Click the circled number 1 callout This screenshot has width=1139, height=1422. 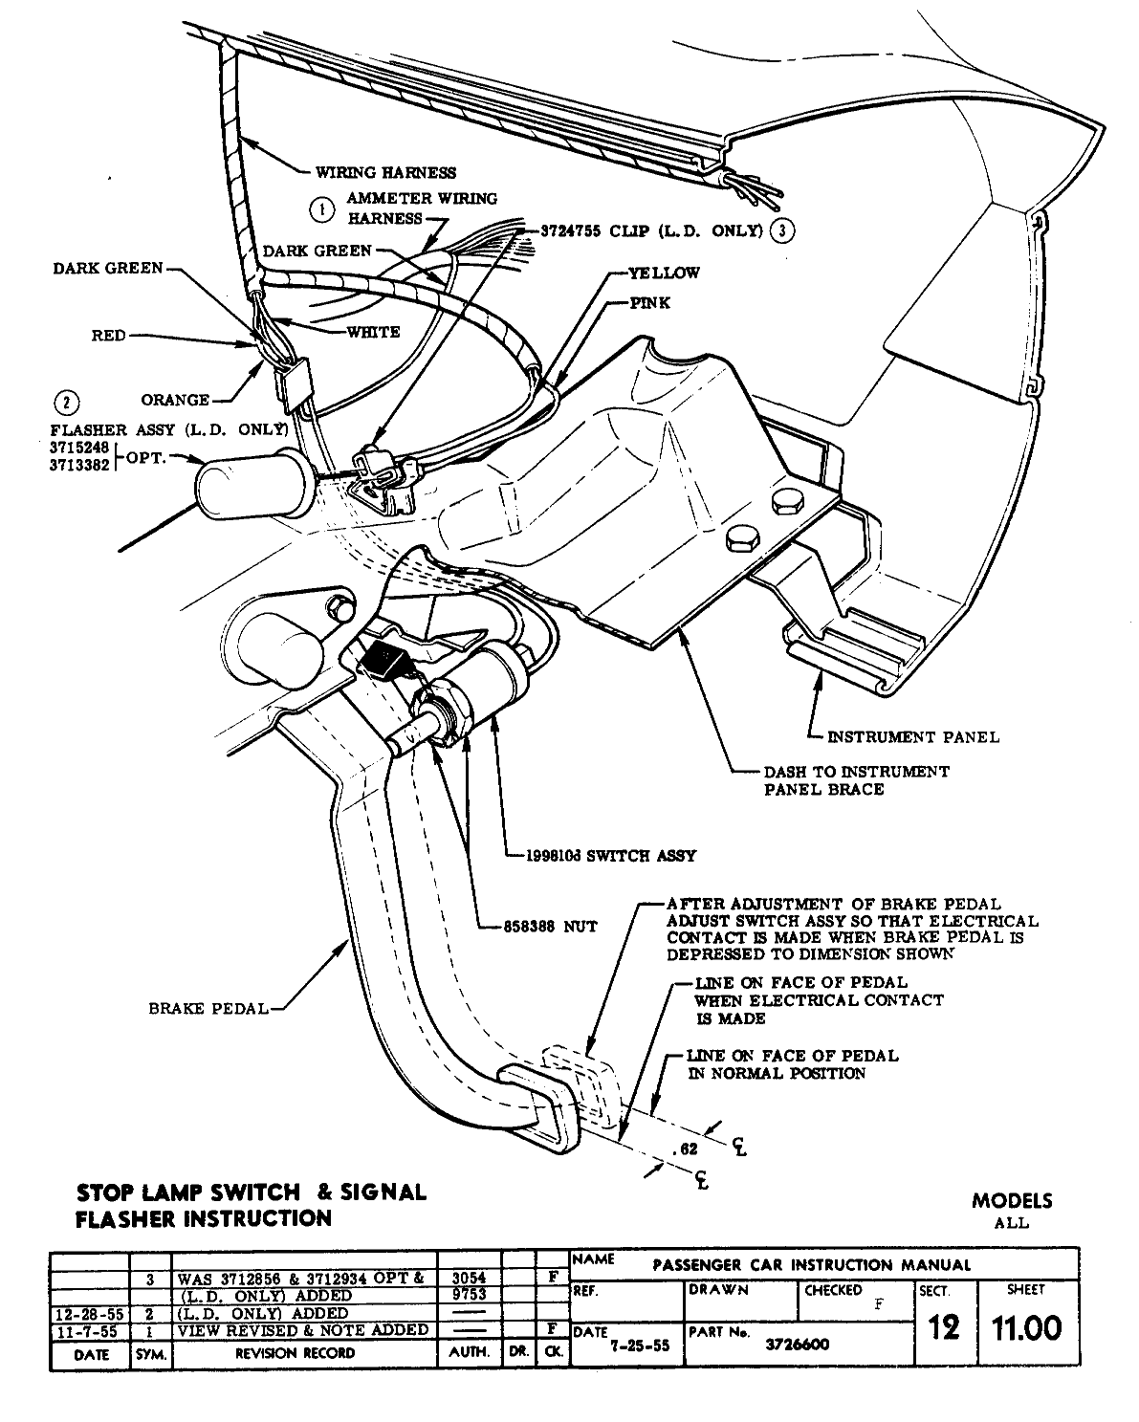[323, 208]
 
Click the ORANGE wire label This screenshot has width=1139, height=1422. [175, 400]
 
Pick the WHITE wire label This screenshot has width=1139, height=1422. [373, 332]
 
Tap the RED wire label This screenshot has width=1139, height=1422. [109, 336]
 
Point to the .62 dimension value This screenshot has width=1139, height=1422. [686, 1150]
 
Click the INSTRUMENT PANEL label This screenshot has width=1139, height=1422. [912, 736]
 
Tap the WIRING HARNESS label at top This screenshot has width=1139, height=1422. [387, 173]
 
